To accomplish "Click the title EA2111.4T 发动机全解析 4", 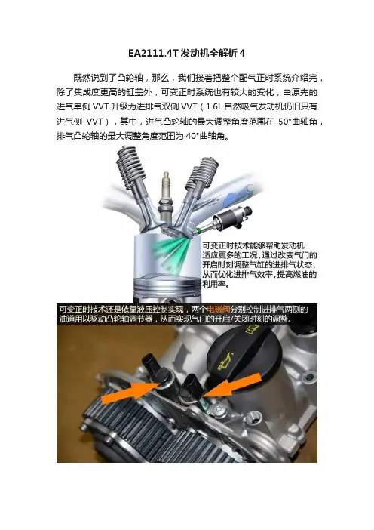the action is tap(187, 53).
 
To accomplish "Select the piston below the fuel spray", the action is tap(167, 288).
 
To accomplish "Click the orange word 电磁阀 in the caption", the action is tap(218, 309).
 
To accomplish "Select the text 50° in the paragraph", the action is tap(284, 122).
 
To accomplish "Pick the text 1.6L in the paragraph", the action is tap(214, 106).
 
